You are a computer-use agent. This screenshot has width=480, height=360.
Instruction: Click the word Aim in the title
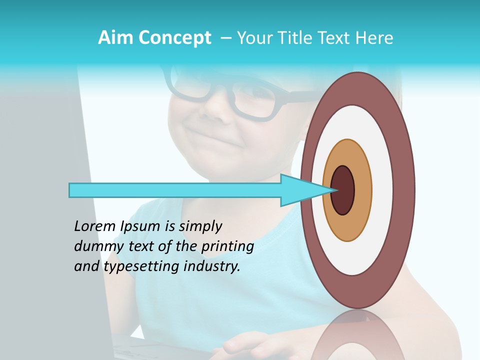114,38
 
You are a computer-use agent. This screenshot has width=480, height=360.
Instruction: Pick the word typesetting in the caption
140,267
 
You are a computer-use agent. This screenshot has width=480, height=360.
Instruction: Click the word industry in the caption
211,267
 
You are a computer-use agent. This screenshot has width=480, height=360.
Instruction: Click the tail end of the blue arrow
71,190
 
